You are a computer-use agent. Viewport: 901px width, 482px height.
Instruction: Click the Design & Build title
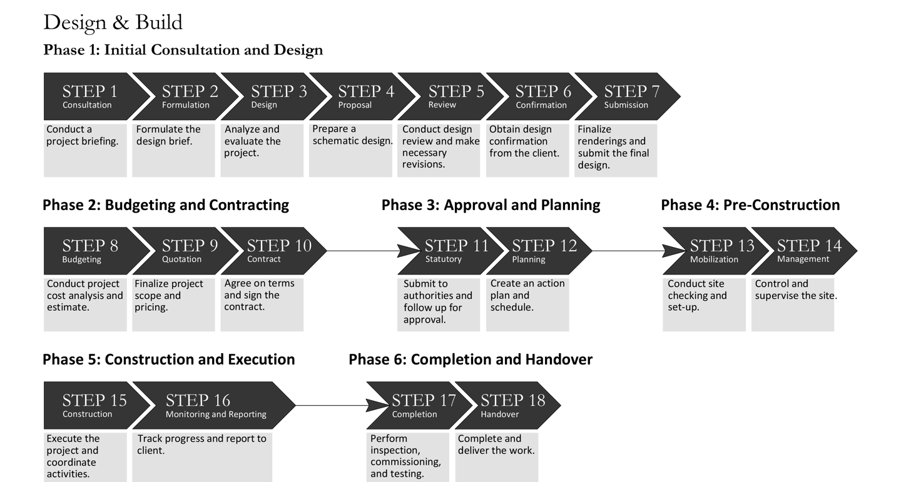(113, 23)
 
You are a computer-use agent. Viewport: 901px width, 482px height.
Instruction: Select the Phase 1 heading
(183, 50)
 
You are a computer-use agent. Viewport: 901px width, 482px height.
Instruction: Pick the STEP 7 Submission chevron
(629, 96)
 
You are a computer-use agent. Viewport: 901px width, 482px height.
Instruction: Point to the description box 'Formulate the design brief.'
(173, 150)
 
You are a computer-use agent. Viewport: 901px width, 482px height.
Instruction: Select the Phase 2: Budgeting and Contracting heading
(166, 205)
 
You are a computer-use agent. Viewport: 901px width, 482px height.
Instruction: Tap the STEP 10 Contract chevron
(275, 251)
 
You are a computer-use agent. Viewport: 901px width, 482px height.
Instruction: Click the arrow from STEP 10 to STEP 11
(363, 251)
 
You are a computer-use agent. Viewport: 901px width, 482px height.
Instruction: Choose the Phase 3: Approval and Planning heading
(491, 205)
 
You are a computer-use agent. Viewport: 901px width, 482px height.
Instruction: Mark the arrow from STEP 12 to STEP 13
(629, 251)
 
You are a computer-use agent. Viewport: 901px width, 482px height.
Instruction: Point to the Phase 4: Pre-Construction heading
(750, 205)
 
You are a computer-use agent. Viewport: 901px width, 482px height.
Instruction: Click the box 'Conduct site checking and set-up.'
(705, 304)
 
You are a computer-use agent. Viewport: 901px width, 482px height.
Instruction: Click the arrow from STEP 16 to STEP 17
(332, 406)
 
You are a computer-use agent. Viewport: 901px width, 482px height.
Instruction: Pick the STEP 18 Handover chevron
(510, 406)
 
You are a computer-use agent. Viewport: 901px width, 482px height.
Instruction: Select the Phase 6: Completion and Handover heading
(471, 359)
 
